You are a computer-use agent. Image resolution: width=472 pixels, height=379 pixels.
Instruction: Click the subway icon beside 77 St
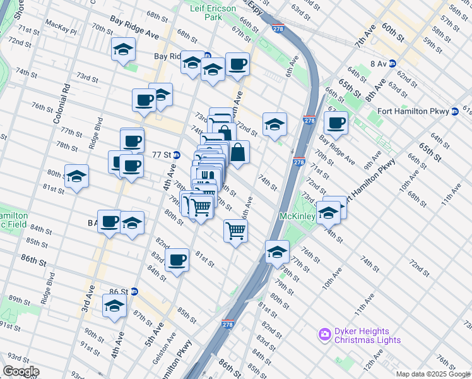pyautogui.click(x=177, y=155)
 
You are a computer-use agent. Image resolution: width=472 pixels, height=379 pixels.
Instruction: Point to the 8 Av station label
pyautogui.click(x=378, y=64)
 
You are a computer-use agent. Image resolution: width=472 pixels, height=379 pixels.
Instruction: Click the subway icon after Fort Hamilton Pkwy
pyautogui.click(x=454, y=112)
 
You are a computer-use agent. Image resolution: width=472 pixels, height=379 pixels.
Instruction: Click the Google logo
pyautogui.click(x=20, y=371)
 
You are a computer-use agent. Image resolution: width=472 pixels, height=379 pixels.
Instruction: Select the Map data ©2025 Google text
pyautogui.click(x=433, y=374)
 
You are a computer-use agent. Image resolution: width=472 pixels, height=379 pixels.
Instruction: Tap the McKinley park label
pyautogui.click(x=297, y=216)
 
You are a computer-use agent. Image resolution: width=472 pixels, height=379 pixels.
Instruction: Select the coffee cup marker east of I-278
pyautogui.click(x=336, y=123)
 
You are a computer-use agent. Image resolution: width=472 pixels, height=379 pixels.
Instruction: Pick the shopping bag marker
pyautogui.click(x=239, y=152)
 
